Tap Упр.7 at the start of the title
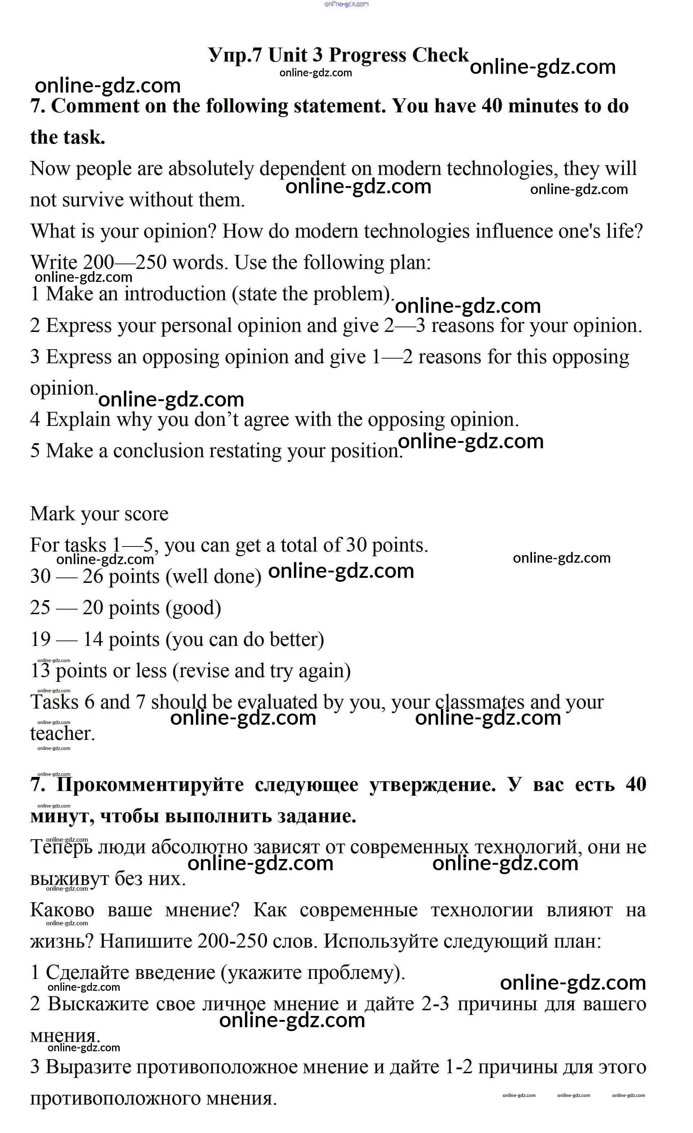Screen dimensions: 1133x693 point(235,56)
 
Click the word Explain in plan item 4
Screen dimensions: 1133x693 point(78,420)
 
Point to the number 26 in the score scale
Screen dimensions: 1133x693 point(93,577)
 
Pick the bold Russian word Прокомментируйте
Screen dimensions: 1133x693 point(150,784)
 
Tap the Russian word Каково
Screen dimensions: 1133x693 point(62,910)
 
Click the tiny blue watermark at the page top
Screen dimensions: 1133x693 point(346,4)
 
